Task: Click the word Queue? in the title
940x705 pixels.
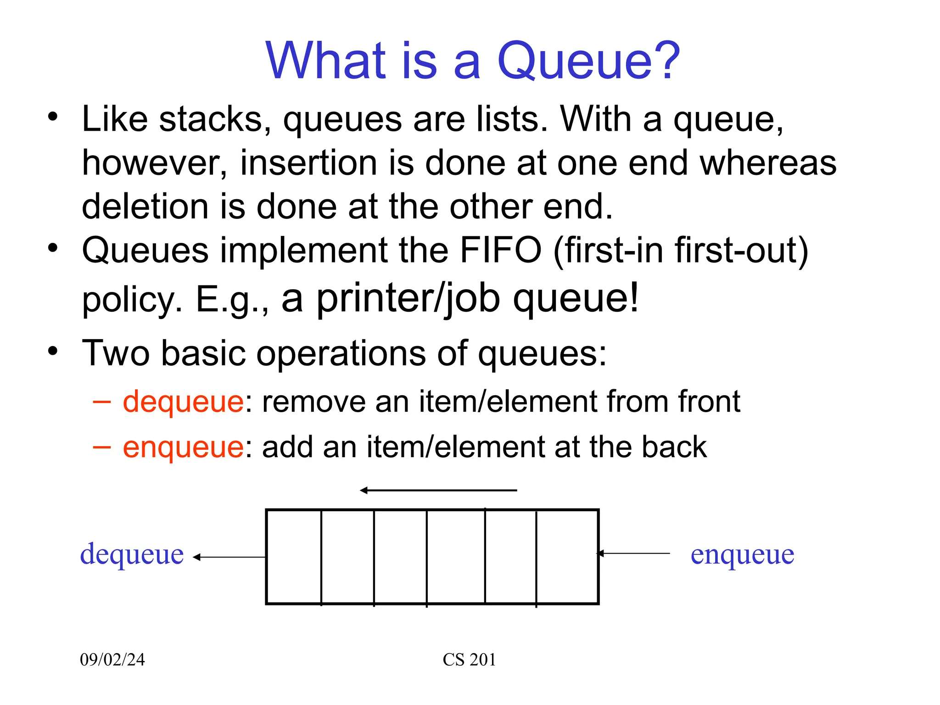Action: coord(588,61)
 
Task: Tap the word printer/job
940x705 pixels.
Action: coord(408,298)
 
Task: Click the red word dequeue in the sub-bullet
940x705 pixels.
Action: coord(183,402)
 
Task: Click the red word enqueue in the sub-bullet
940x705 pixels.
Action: coord(183,447)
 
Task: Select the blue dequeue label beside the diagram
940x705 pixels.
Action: coord(132,554)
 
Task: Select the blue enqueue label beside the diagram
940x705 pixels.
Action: coord(742,554)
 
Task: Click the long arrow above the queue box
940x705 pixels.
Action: coord(438,491)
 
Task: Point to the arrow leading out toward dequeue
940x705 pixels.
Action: coord(229,557)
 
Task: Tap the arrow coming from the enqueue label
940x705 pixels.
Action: coord(633,554)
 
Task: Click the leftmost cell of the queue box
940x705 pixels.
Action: coord(294,557)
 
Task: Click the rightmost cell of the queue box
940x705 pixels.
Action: coord(567,557)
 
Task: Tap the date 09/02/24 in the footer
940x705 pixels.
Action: coord(112,660)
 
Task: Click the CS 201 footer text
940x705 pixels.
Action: coord(469,660)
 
